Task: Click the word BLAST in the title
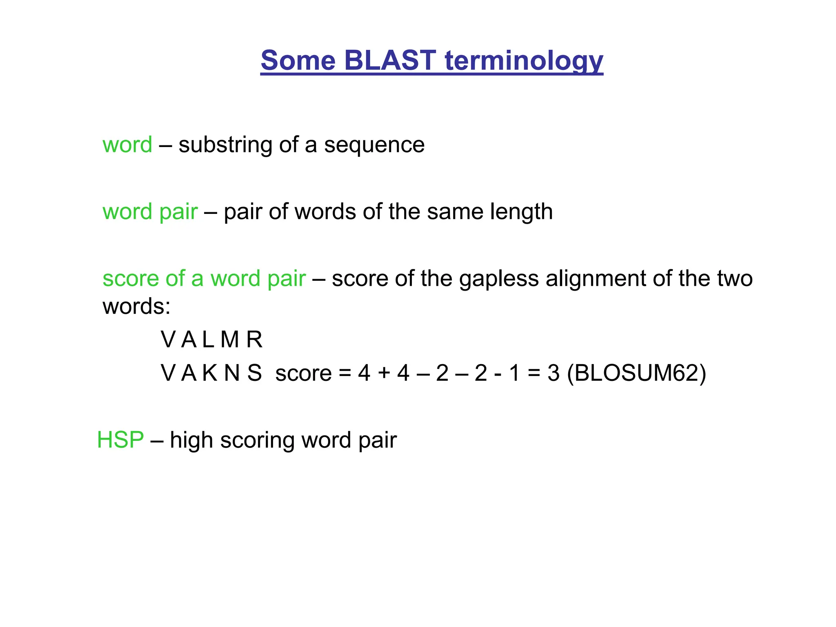click(390, 60)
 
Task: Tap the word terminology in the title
click(524, 61)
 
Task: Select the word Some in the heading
click(298, 60)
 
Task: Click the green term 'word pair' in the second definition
click(150, 212)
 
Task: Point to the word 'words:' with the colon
click(136, 306)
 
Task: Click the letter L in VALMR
click(208, 340)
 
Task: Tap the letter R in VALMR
click(254, 340)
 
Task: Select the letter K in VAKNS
click(209, 373)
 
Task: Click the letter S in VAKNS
click(254, 373)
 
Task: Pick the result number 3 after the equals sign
click(553, 373)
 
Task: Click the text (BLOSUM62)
click(636, 373)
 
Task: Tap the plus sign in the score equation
click(384, 373)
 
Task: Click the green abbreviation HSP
click(120, 440)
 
